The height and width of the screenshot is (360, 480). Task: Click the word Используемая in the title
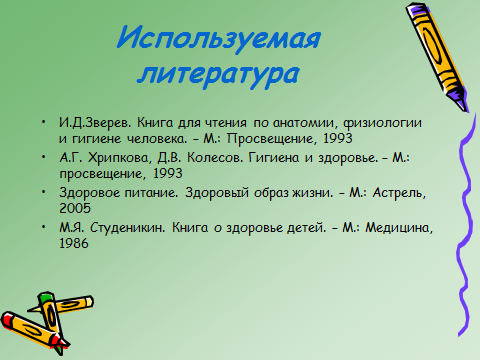click(x=218, y=38)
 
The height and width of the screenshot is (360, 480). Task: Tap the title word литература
click(x=219, y=73)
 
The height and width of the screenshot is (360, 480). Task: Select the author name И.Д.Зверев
click(x=95, y=123)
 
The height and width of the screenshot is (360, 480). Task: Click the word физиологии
click(x=382, y=123)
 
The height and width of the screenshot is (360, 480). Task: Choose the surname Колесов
click(x=215, y=157)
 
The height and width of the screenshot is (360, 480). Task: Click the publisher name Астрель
click(x=399, y=193)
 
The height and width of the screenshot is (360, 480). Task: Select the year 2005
click(x=75, y=208)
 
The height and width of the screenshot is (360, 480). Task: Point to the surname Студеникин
click(x=128, y=228)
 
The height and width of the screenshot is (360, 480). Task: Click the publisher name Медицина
click(x=399, y=228)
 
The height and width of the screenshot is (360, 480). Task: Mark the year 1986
click(x=74, y=243)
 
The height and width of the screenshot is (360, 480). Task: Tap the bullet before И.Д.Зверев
click(x=44, y=122)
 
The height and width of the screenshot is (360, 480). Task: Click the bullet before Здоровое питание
click(x=44, y=192)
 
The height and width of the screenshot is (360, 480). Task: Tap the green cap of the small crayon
click(x=46, y=298)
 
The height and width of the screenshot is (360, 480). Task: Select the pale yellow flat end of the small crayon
click(x=89, y=302)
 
